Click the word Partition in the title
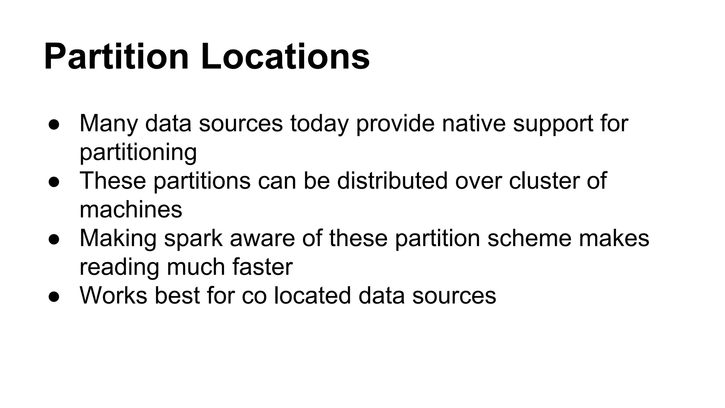(x=116, y=57)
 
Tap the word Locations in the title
(x=285, y=57)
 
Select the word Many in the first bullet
(x=108, y=124)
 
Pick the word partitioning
(x=138, y=153)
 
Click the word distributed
(x=392, y=181)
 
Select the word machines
(x=131, y=209)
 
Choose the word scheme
(x=529, y=238)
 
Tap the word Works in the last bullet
(x=113, y=295)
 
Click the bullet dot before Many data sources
(x=54, y=125)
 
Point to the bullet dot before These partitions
(x=54, y=182)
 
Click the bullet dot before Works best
(x=54, y=297)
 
